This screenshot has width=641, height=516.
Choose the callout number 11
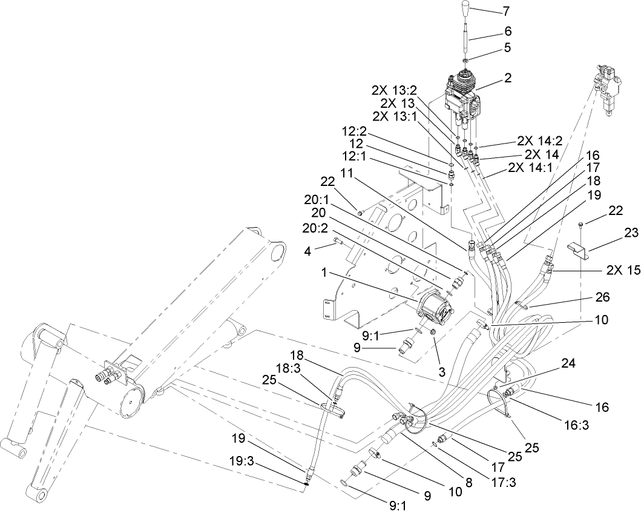click(x=346, y=173)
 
